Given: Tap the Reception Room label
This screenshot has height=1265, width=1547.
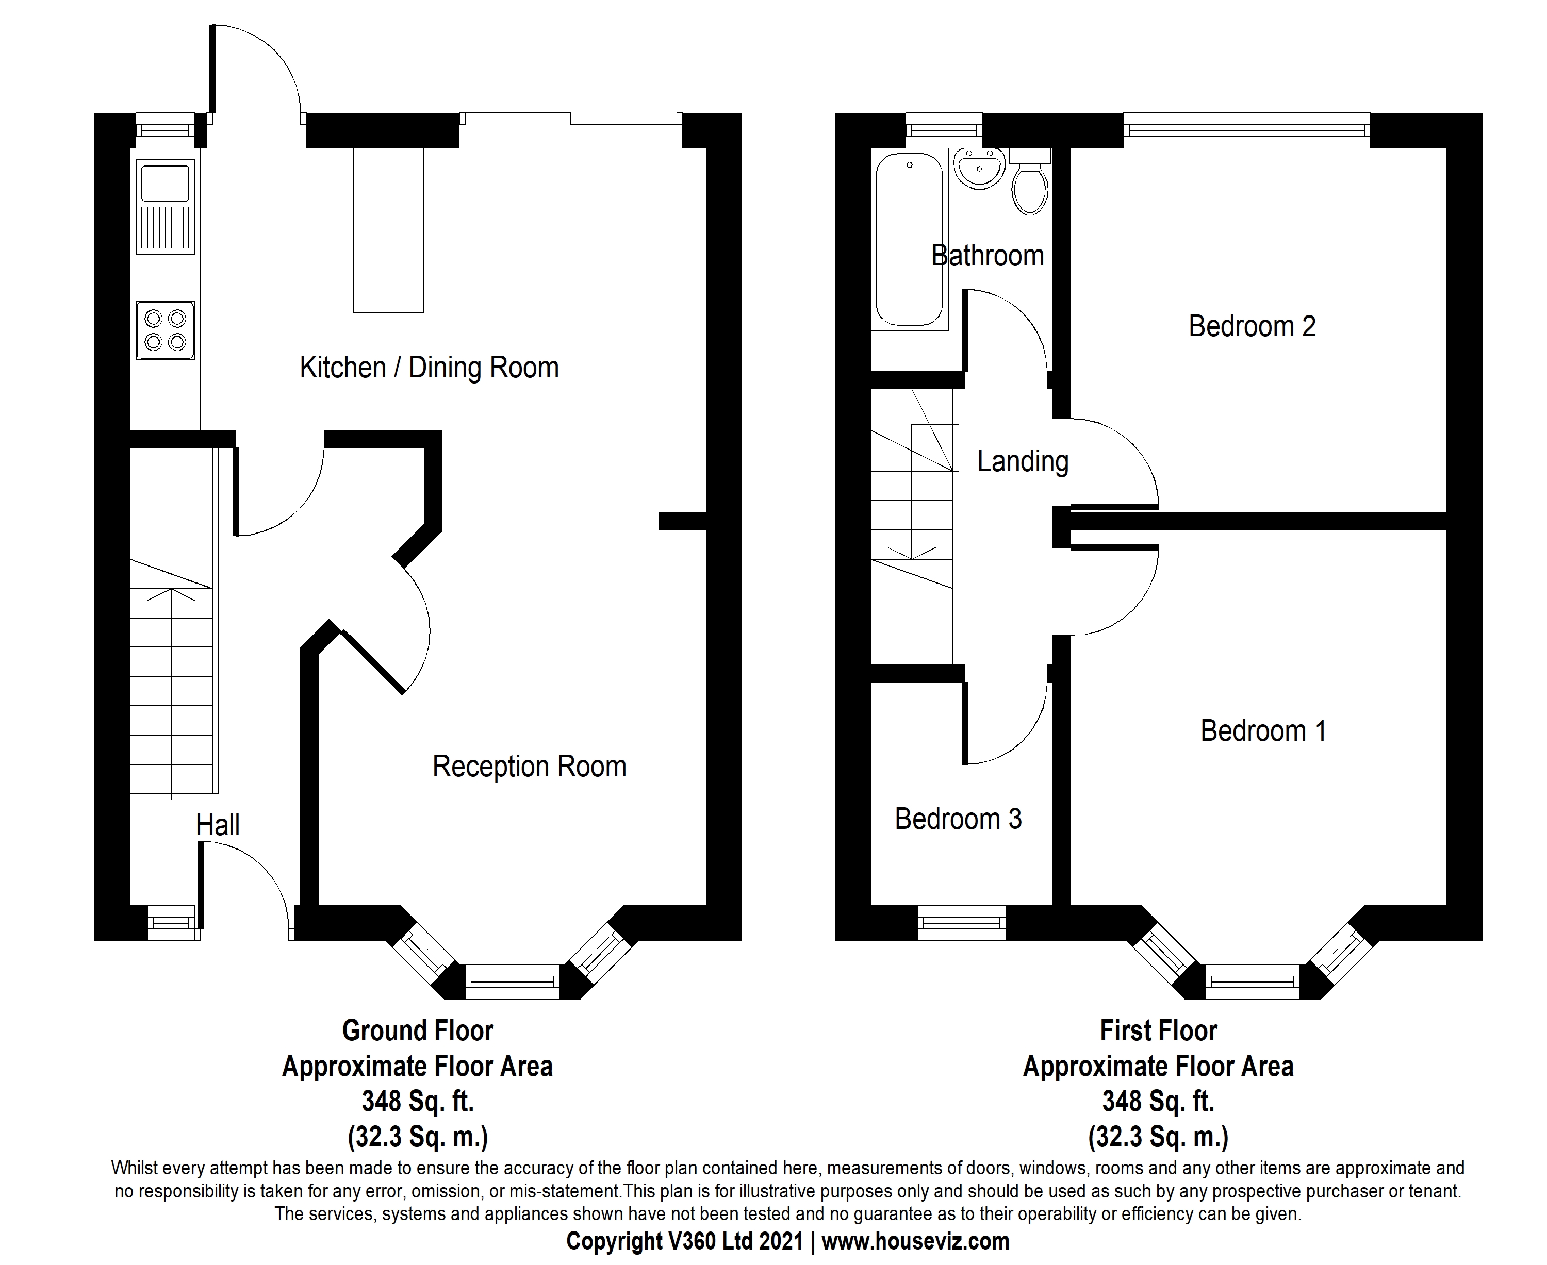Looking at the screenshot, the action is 529,767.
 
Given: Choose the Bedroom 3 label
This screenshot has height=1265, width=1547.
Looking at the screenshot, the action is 958,819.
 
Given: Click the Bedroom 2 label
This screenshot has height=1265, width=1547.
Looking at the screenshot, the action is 1252,326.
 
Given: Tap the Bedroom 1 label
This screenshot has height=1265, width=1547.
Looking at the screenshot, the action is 1263,731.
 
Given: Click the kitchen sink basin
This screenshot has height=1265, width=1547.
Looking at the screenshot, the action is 166,183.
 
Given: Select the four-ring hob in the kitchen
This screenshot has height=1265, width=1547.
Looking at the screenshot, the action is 166,330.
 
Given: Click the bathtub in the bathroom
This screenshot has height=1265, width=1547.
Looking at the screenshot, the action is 909,240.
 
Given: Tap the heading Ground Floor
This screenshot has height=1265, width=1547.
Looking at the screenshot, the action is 418,1031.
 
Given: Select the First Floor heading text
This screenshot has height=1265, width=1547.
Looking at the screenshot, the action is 1158,1031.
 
